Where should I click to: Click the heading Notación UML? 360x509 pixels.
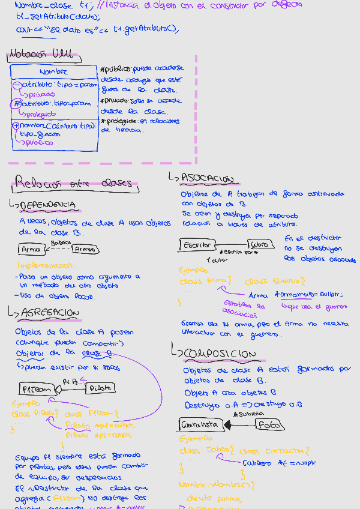tap(41, 55)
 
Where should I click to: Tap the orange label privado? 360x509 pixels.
tap(40, 94)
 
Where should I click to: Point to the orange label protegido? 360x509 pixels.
tap(40, 114)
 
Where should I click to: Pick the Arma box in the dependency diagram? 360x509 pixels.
tap(30, 249)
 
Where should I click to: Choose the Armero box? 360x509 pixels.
tap(86, 249)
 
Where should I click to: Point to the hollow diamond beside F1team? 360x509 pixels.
tap(59, 389)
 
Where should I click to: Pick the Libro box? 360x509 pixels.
tap(259, 245)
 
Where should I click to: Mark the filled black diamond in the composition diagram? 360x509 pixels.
tap(228, 424)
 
